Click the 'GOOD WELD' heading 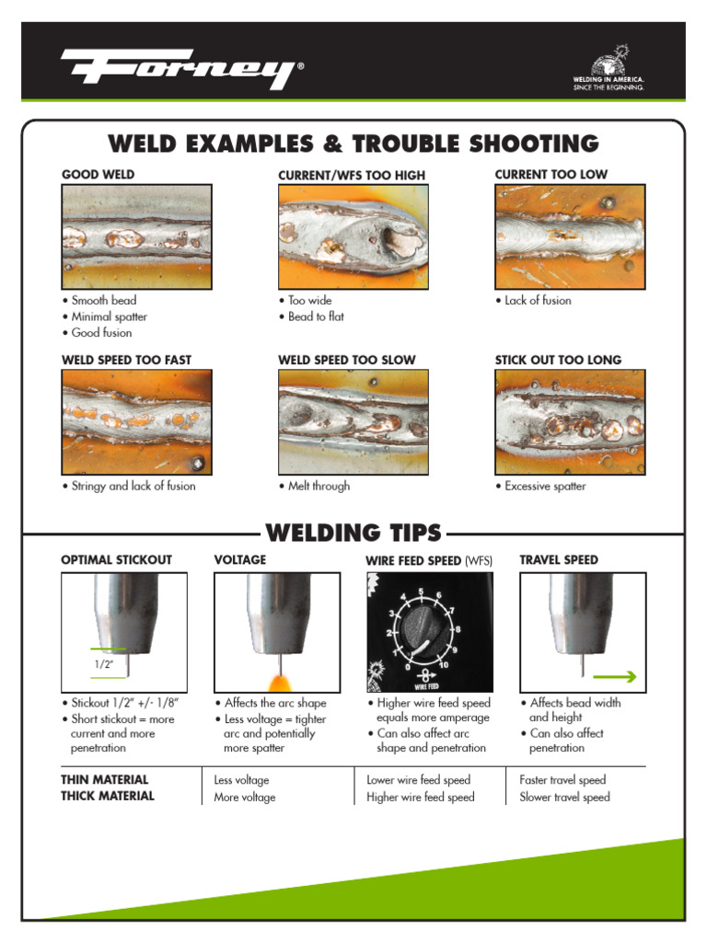point(98,174)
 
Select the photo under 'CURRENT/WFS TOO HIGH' point(353,236)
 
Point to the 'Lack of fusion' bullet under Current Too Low point(538,301)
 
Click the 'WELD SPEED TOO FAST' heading point(126,360)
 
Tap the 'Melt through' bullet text point(319,486)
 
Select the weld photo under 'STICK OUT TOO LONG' point(570,422)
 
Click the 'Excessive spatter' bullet point(545,486)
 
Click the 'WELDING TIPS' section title point(353,533)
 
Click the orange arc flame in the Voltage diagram point(277,682)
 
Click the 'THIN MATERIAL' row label point(104,779)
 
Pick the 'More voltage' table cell point(245,798)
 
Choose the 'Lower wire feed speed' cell point(418,780)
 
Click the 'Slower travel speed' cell point(564,798)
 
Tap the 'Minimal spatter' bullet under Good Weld point(109,316)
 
